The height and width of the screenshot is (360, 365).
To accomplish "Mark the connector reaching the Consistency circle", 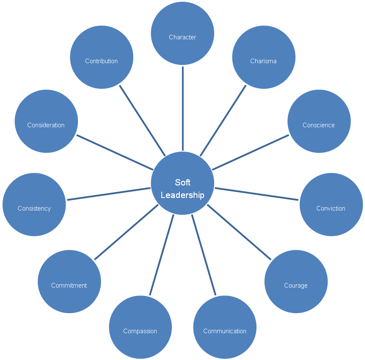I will (x=109, y=194).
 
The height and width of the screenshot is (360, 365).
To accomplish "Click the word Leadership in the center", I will (x=183, y=195).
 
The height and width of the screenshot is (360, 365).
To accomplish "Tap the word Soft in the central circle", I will (x=183, y=183).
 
